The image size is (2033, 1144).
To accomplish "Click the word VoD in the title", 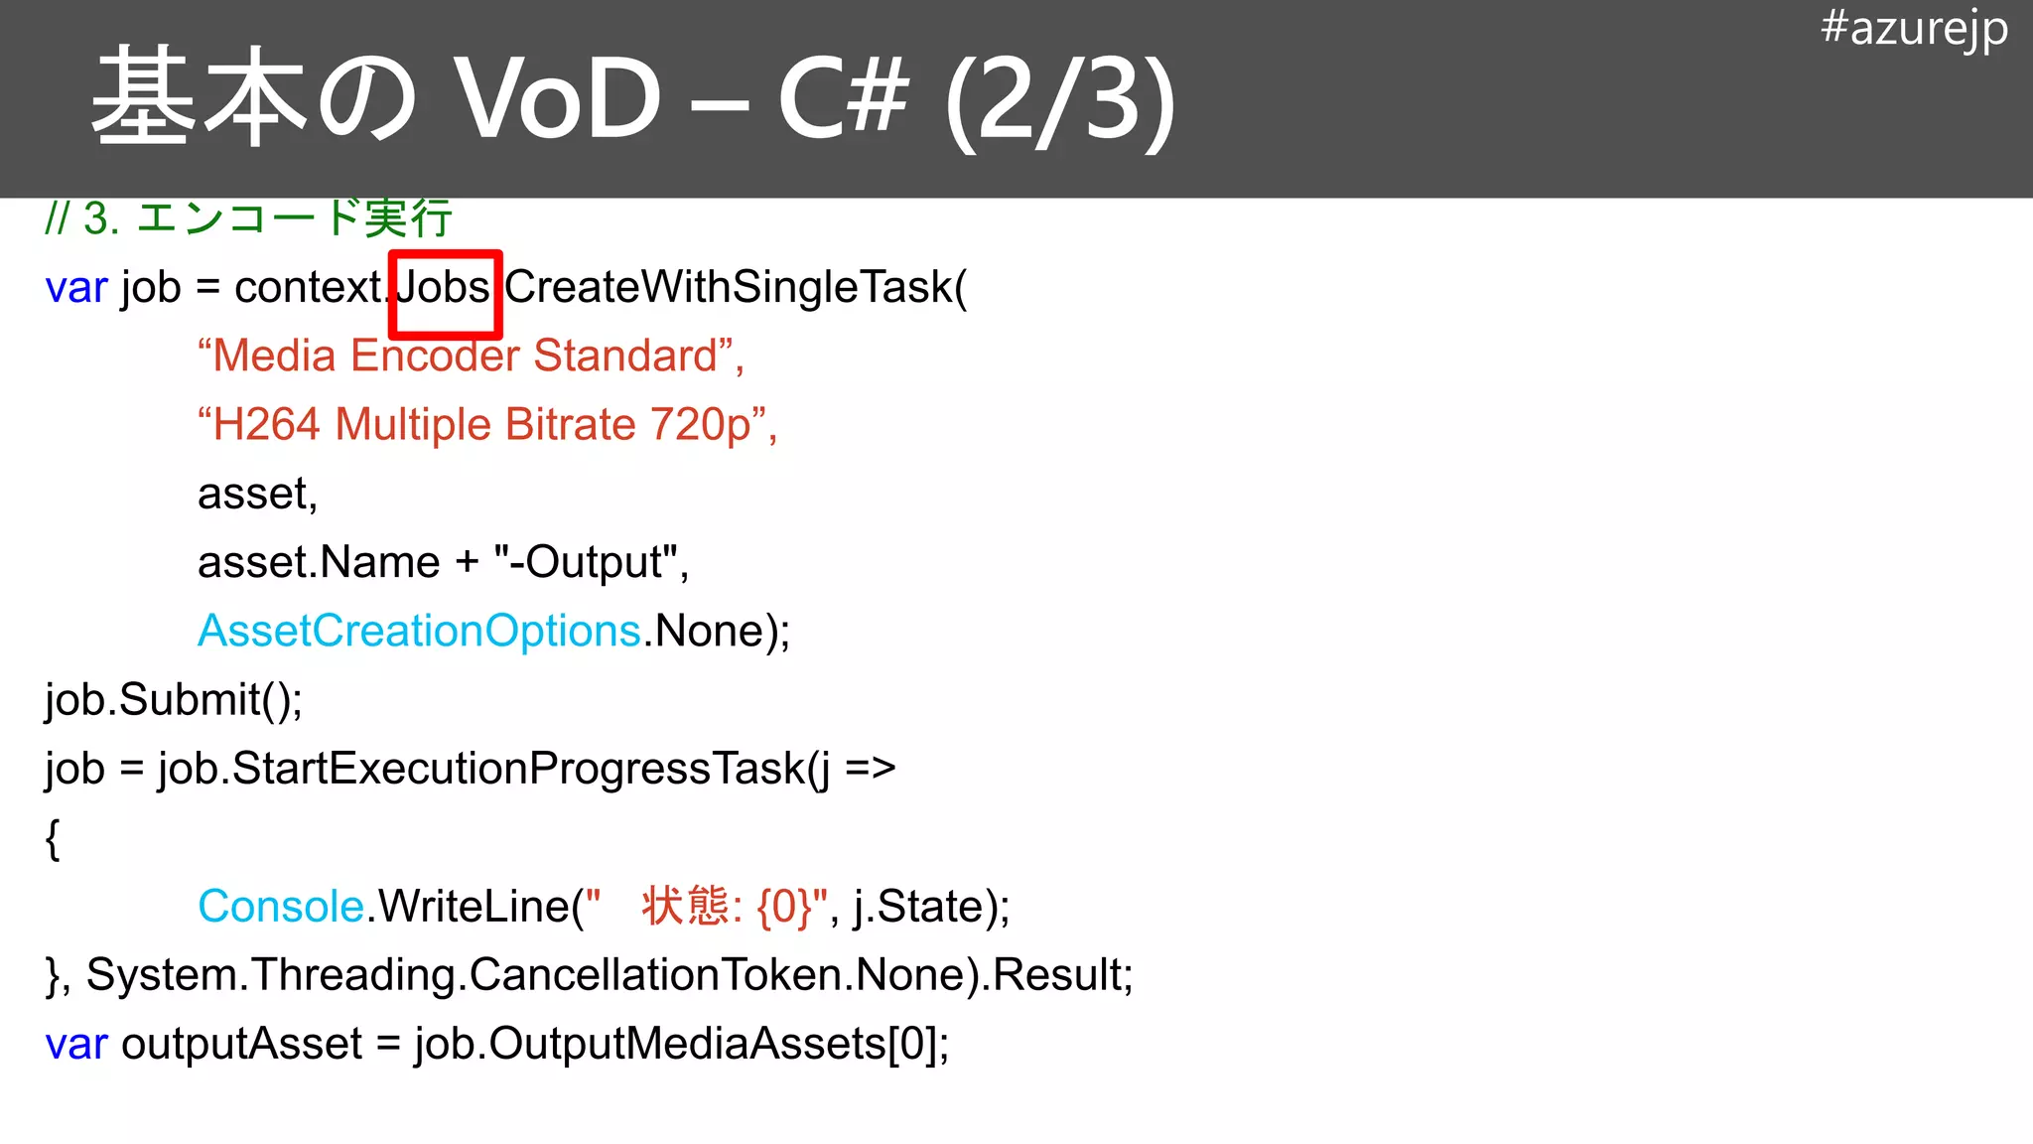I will click(557, 99).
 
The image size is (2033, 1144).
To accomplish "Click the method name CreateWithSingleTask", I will click(729, 287).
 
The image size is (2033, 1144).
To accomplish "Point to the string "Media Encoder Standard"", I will click(471, 356).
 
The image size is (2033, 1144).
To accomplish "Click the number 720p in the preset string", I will click(701, 425).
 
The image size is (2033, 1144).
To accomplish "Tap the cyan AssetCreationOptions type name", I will click(419, 631).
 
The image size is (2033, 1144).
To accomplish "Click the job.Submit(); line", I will click(174, 700).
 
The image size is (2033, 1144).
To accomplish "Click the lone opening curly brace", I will click(53, 839).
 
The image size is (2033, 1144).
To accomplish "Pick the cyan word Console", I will click(281, 907).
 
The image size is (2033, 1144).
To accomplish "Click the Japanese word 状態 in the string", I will click(685, 906).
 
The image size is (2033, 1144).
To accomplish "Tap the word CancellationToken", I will click(655, 975).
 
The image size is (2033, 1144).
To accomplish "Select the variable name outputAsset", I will click(241, 1044).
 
